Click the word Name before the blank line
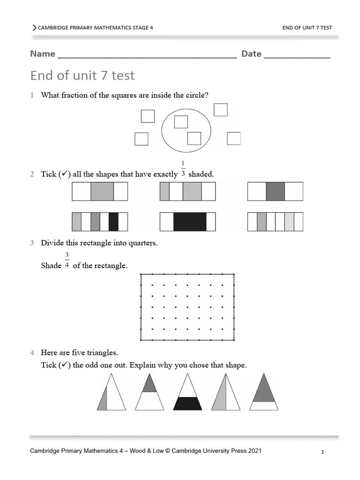(43, 54)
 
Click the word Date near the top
(251, 54)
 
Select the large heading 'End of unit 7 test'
(82, 75)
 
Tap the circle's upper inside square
(181, 122)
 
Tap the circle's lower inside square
(194, 138)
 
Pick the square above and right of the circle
(220, 110)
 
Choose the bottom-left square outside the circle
(141, 139)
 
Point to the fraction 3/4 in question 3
(67, 260)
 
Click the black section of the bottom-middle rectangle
(190, 222)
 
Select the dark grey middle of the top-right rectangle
(275, 192)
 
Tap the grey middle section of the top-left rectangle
(102, 192)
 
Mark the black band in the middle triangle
(187, 403)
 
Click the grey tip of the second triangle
(150, 384)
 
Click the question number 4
(32, 352)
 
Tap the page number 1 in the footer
(323, 452)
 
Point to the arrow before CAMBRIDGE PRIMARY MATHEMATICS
(34, 28)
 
